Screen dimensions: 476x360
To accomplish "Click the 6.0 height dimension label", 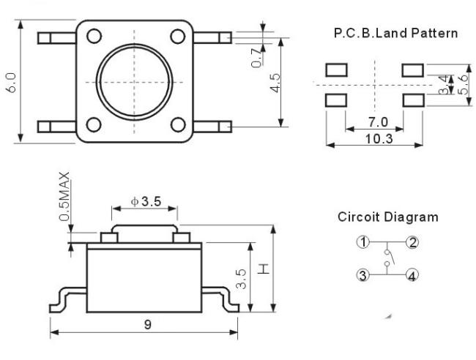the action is [x=12, y=83].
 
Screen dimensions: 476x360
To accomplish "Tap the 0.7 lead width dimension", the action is [x=256, y=58].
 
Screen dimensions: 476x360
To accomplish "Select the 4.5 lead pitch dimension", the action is [x=276, y=83].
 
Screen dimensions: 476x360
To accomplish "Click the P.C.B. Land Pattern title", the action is [x=395, y=33].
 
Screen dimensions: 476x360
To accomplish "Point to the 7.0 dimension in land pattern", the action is [x=378, y=122].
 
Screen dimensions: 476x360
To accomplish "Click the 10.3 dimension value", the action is [x=379, y=139].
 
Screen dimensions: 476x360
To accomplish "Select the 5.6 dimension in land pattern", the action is [x=464, y=85].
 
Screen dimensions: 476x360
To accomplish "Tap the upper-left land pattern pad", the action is [x=336, y=70].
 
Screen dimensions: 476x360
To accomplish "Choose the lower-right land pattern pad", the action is [x=413, y=100].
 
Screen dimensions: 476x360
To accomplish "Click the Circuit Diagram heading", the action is [x=388, y=217].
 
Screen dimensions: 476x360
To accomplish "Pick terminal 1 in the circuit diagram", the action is [x=362, y=242].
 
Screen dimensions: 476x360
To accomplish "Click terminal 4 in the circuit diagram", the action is [x=412, y=275].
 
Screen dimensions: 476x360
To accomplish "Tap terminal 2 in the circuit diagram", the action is [x=412, y=242].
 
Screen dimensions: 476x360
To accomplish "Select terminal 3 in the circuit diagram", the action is [x=362, y=275].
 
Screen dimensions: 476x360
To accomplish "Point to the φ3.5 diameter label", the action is [x=146, y=201].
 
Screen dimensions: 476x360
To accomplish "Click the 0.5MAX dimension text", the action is [x=64, y=197].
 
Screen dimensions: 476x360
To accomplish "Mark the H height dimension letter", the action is [x=264, y=269].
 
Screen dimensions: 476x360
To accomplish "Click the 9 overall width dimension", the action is [x=147, y=325].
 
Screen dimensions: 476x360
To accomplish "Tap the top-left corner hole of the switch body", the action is [x=94, y=36].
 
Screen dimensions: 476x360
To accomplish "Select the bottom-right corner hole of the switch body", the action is [x=178, y=125].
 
